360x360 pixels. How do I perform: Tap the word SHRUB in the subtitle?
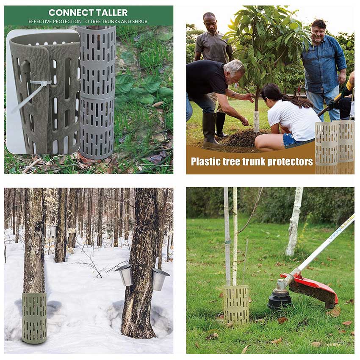tap(140, 22)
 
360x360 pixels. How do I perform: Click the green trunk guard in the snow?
tap(34, 318)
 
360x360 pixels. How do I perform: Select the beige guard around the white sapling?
tap(236, 304)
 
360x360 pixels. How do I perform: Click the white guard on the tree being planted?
tap(257, 122)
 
